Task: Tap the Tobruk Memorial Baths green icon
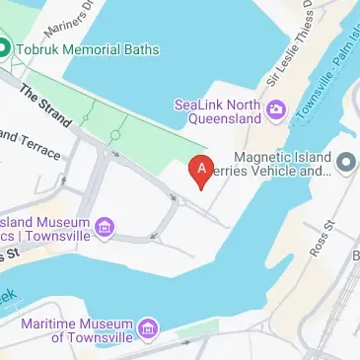tap(5, 47)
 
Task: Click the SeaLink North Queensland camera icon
tap(276, 108)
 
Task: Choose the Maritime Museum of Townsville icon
tap(148, 327)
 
